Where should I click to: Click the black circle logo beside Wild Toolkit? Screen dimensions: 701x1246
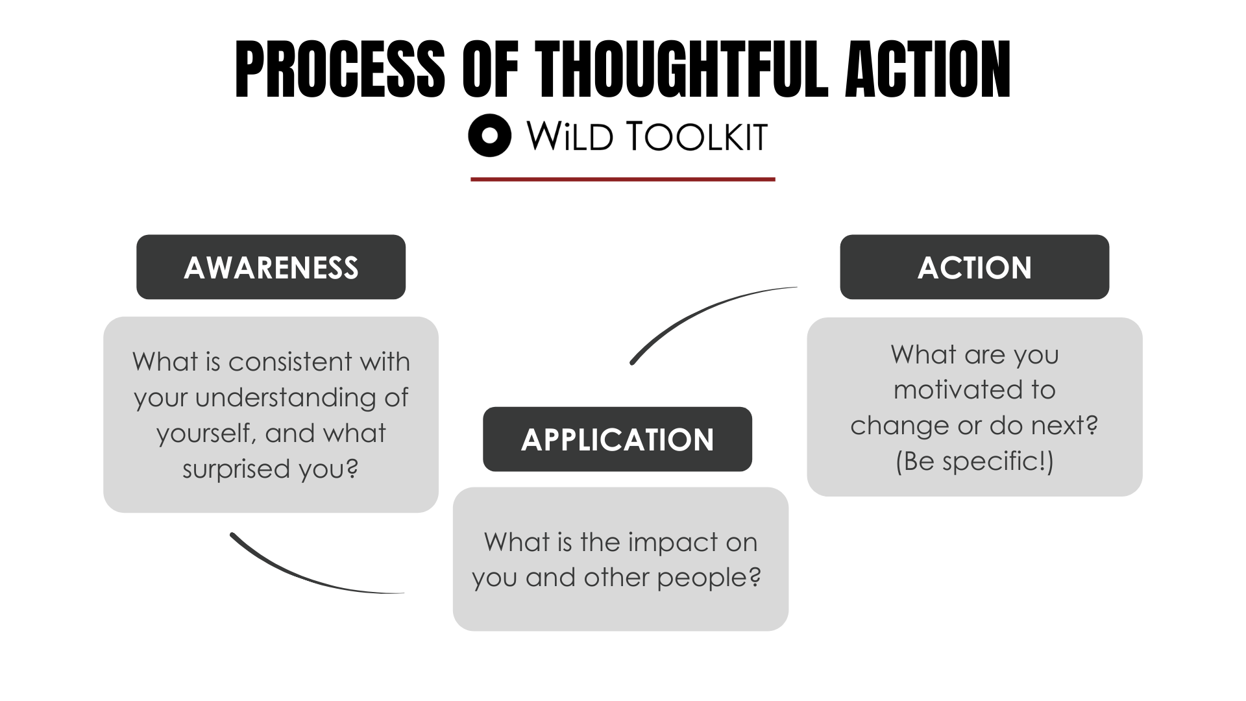coord(490,136)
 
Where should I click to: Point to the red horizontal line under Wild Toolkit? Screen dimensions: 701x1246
coord(622,179)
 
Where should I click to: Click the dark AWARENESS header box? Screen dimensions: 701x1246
coord(271,267)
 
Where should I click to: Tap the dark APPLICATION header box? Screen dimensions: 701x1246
coord(617,439)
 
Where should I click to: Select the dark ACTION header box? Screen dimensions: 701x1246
coord(974,267)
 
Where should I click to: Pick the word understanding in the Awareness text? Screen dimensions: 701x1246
coord(286,398)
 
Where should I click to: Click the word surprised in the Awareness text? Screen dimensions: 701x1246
coord(237,469)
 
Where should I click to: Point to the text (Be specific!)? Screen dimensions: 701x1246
coord(974,461)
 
